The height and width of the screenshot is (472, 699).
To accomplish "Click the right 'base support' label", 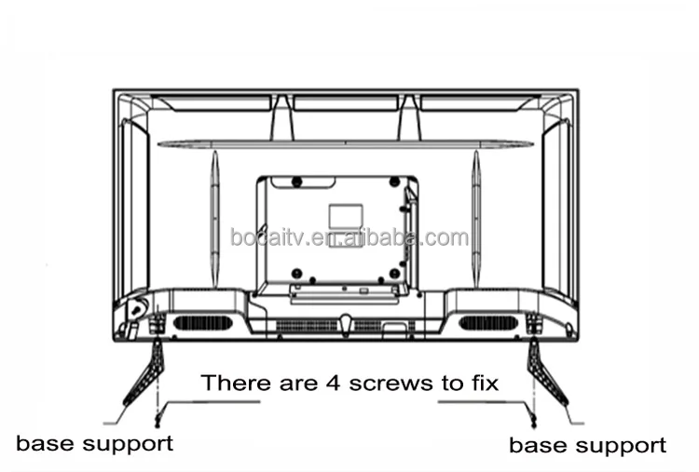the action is [x=587, y=444].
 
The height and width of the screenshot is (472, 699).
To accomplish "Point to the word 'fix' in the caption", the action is [x=479, y=383].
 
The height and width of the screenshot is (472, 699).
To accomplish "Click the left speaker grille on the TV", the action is [x=201, y=322].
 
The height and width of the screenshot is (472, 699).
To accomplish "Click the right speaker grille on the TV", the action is [x=487, y=322].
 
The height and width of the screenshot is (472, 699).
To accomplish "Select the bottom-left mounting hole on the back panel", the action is [x=295, y=273].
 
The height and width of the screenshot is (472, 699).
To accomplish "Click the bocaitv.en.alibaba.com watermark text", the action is [x=349, y=237].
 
